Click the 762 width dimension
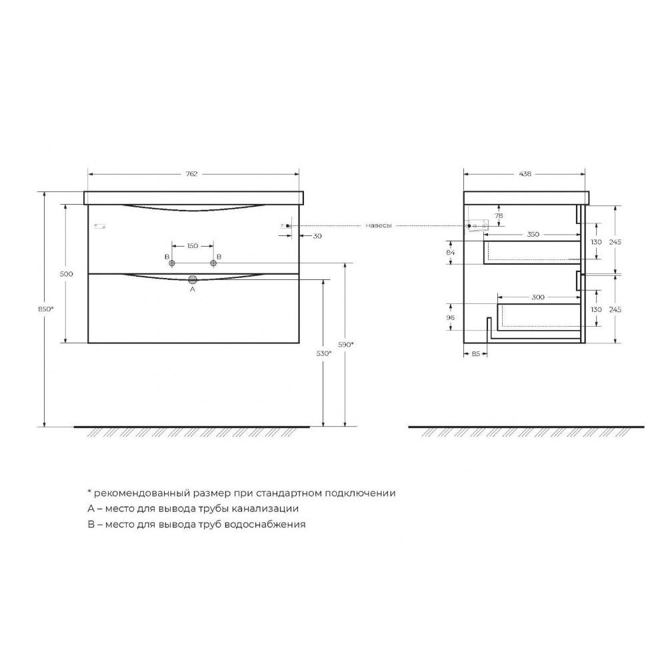pyautogui.click(x=191, y=173)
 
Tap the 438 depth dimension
pyautogui.click(x=525, y=173)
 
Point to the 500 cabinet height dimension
pyautogui.click(x=67, y=274)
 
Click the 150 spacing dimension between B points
pyautogui.click(x=193, y=245)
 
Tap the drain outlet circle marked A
pyautogui.click(x=193, y=280)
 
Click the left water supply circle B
pyautogui.click(x=172, y=263)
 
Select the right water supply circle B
pyautogui.click(x=213, y=263)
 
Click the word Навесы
pyautogui.click(x=379, y=225)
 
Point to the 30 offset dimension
pyautogui.click(x=317, y=236)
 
